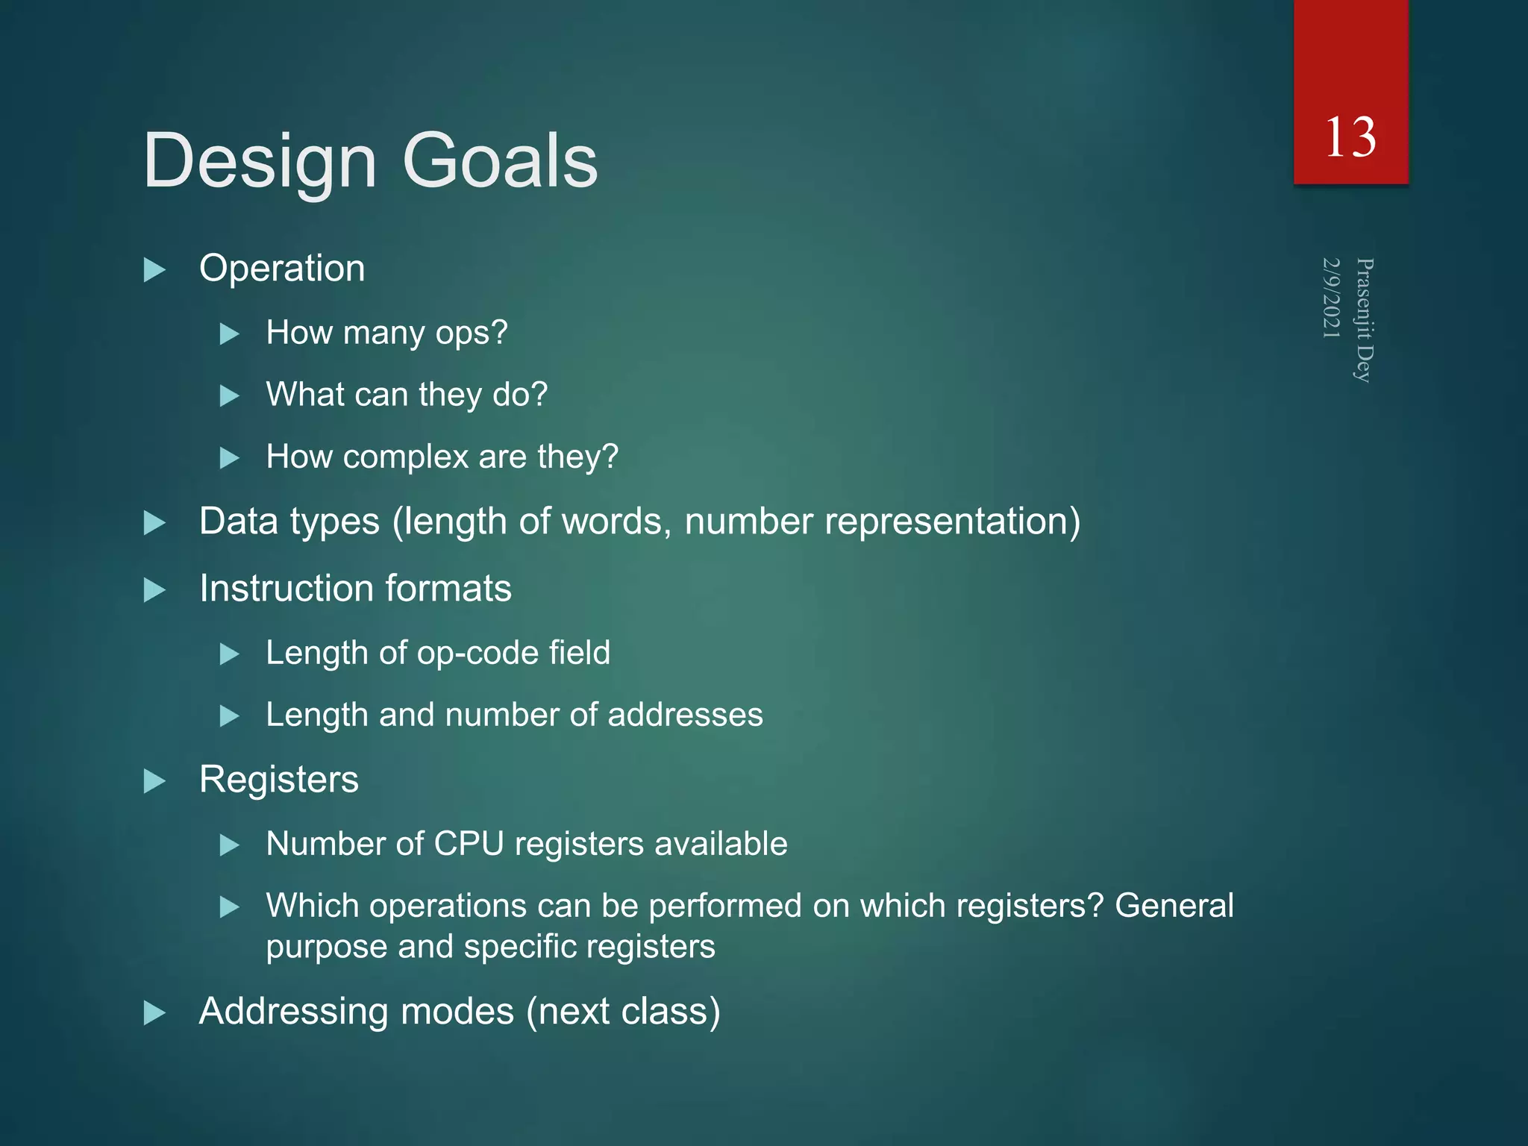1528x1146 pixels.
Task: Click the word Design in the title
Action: [260, 162]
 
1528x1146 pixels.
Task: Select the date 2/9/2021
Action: [1332, 298]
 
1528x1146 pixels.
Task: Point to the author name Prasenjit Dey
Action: [1364, 320]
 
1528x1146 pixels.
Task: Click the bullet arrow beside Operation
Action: [154, 269]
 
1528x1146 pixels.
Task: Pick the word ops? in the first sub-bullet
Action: [472, 334]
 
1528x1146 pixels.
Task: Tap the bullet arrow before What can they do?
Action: [230, 395]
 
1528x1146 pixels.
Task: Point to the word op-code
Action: [477, 654]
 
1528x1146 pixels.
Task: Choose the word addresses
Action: [685, 716]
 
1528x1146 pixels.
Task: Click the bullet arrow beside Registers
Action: [154, 781]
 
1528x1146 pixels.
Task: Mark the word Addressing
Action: [293, 1012]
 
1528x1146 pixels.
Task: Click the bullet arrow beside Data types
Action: [154, 523]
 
